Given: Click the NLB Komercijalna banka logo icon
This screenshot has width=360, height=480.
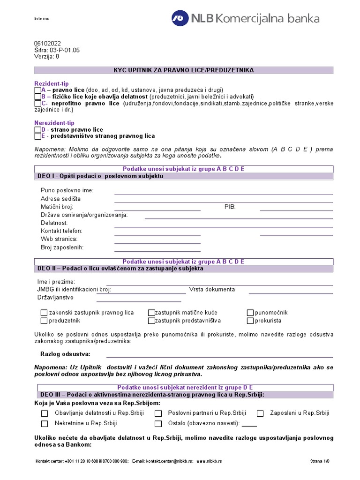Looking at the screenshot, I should click(179, 18).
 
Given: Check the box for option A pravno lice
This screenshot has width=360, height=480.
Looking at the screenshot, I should click(38, 90).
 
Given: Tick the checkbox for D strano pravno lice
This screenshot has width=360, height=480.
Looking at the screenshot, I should click(38, 129).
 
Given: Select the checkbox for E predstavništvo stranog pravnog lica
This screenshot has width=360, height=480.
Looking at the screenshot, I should click(38, 136).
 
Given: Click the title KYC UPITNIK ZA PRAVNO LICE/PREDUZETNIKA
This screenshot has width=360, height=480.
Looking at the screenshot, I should click(183, 70).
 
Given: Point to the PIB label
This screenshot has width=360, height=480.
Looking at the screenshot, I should click(230, 207).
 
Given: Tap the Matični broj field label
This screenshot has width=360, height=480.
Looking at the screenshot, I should click(57, 207).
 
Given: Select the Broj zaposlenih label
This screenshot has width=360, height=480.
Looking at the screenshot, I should click(62, 247).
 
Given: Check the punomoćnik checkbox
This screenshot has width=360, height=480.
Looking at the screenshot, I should click(250, 313).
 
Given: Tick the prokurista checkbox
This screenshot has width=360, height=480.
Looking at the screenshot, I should click(250, 321).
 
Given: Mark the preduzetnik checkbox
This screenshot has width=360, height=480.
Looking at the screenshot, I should click(44, 321).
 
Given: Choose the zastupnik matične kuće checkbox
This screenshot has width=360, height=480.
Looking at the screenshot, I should click(151, 313).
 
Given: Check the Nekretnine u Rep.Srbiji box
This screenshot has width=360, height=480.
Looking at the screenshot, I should click(45, 423).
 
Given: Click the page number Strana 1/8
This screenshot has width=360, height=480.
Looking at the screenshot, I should click(320, 461).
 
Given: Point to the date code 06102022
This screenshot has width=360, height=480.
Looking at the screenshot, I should click(47, 43).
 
